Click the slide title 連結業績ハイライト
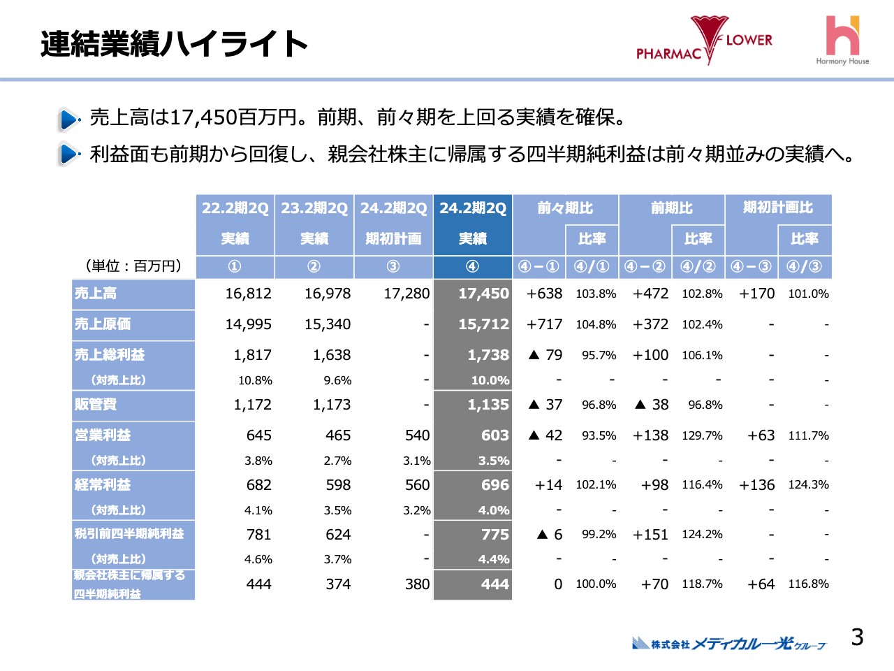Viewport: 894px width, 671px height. (x=174, y=44)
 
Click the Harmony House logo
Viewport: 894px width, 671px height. (x=842, y=41)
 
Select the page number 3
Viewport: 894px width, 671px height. (x=857, y=637)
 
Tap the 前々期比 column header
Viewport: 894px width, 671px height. (x=565, y=208)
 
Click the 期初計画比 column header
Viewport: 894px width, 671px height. (x=778, y=208)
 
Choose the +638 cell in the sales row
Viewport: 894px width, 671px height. (x=544, y=294)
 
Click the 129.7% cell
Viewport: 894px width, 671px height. (x=702, y=435)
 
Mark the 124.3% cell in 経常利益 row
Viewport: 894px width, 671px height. (x=808, y=484)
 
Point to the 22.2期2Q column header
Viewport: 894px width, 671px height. (x=235, y=208)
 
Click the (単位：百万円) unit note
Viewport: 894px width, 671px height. (x=133, y=266)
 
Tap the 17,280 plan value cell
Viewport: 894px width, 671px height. (x=406, y=294)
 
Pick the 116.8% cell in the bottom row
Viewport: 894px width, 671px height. (x=808, y=584)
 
